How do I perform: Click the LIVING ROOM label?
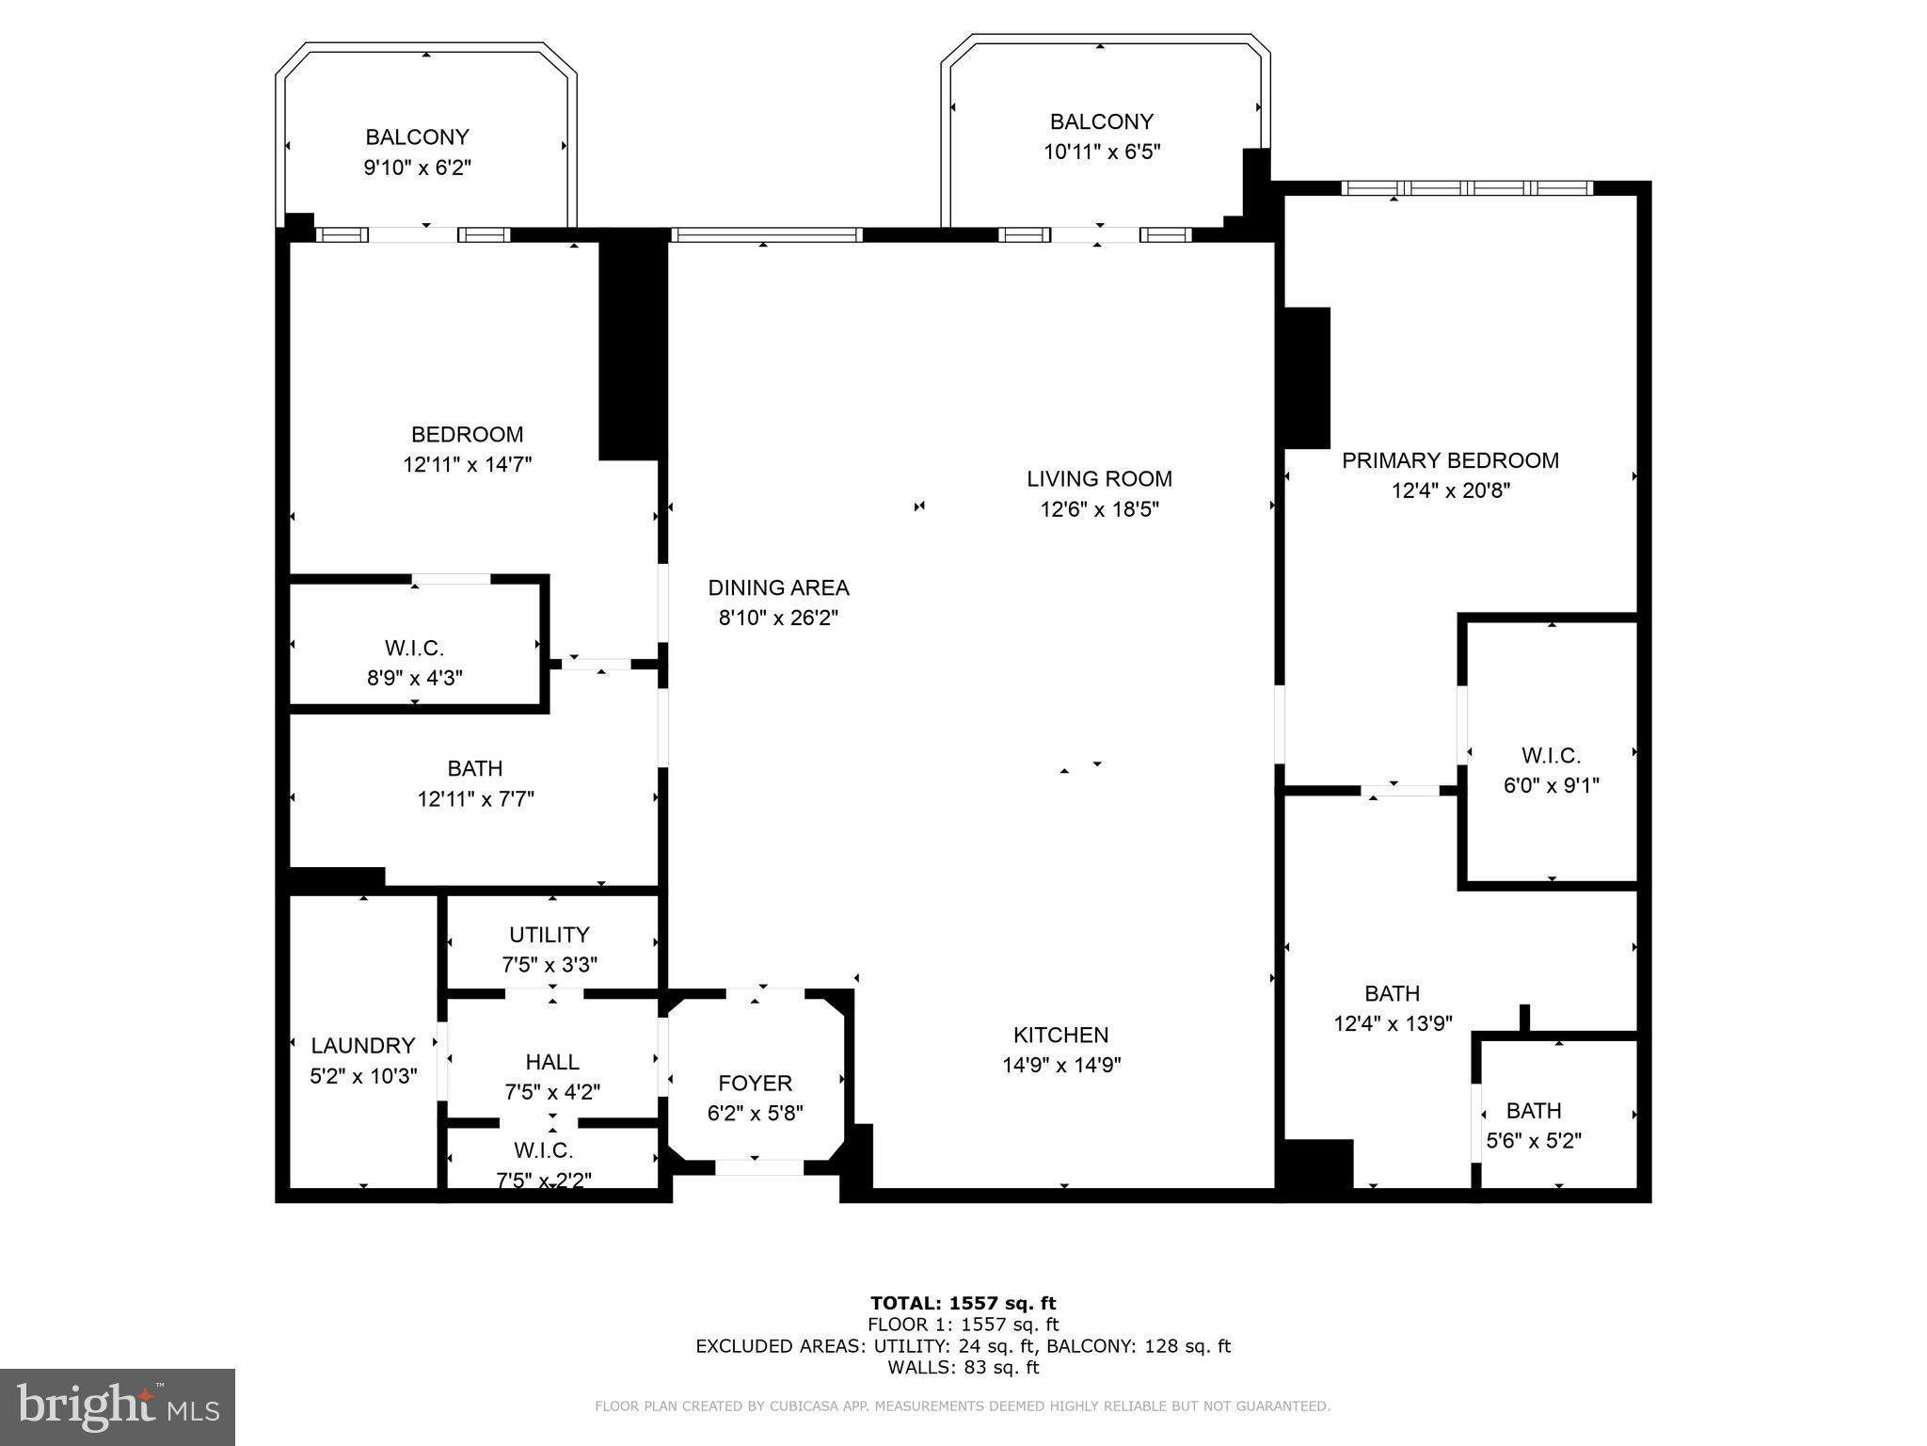1099,478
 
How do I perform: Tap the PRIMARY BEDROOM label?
1450,460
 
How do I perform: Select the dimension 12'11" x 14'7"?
467,464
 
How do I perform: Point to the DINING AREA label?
778,587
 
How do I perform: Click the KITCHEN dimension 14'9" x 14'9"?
1061,1065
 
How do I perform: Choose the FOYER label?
755,1083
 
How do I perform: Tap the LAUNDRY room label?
362,1045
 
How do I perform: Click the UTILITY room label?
549,934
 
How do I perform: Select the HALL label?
552,1062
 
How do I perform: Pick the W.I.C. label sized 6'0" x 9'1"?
1551,755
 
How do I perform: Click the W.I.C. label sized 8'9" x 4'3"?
414,648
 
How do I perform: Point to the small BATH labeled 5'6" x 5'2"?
1533,1110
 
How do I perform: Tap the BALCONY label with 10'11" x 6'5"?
1101,121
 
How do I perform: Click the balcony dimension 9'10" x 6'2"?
417,168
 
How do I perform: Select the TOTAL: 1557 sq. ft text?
963,1303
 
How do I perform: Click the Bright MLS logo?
117,1406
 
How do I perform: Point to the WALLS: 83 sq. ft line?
963,1367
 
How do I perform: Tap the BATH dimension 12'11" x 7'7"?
475,799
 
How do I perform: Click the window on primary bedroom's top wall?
1466,188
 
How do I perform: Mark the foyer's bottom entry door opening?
759,1167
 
